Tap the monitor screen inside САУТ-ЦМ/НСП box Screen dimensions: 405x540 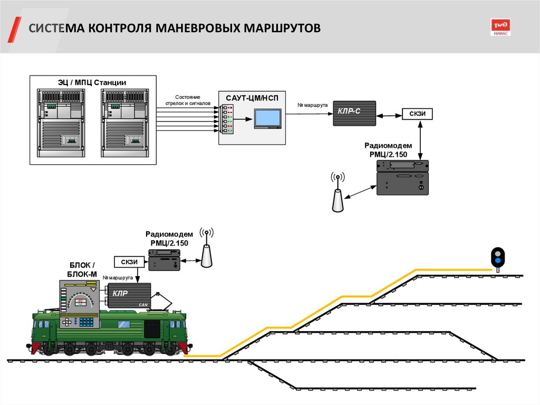pos(267,118)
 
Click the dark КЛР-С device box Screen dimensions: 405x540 pos(354,113)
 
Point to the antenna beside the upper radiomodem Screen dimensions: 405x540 pos(337,193)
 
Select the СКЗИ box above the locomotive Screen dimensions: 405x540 pos(129,261)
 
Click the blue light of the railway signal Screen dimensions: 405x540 pos(497,261)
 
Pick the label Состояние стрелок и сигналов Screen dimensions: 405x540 pos(188,100)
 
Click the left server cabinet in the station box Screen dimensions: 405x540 pos(61,124)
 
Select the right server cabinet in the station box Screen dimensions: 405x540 pos(126,124)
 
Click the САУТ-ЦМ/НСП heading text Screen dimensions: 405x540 pos(252,98)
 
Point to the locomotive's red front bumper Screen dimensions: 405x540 pos(35,347)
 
